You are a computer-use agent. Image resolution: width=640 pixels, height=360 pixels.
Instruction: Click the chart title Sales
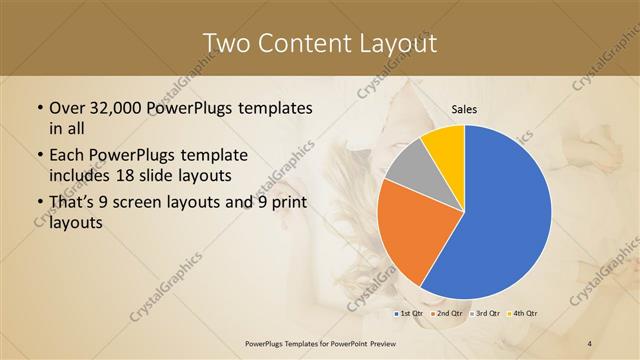464,109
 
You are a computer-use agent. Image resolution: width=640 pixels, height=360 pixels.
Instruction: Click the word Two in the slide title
225,43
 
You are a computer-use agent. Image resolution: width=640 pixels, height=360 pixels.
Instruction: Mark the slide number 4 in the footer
590,344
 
